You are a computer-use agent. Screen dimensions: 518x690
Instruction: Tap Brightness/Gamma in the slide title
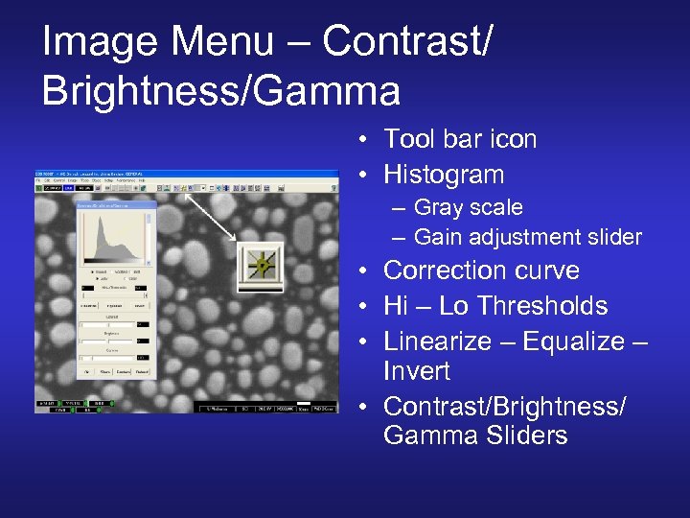(221, 91)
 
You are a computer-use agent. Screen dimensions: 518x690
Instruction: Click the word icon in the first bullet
(513, 139)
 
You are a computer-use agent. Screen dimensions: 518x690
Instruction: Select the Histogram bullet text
(444, 175)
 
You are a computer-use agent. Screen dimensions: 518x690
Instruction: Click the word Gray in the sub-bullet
(437, 207)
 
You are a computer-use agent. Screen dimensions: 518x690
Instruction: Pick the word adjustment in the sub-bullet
(520, 237)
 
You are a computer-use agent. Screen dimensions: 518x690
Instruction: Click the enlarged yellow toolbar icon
(261, 266)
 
